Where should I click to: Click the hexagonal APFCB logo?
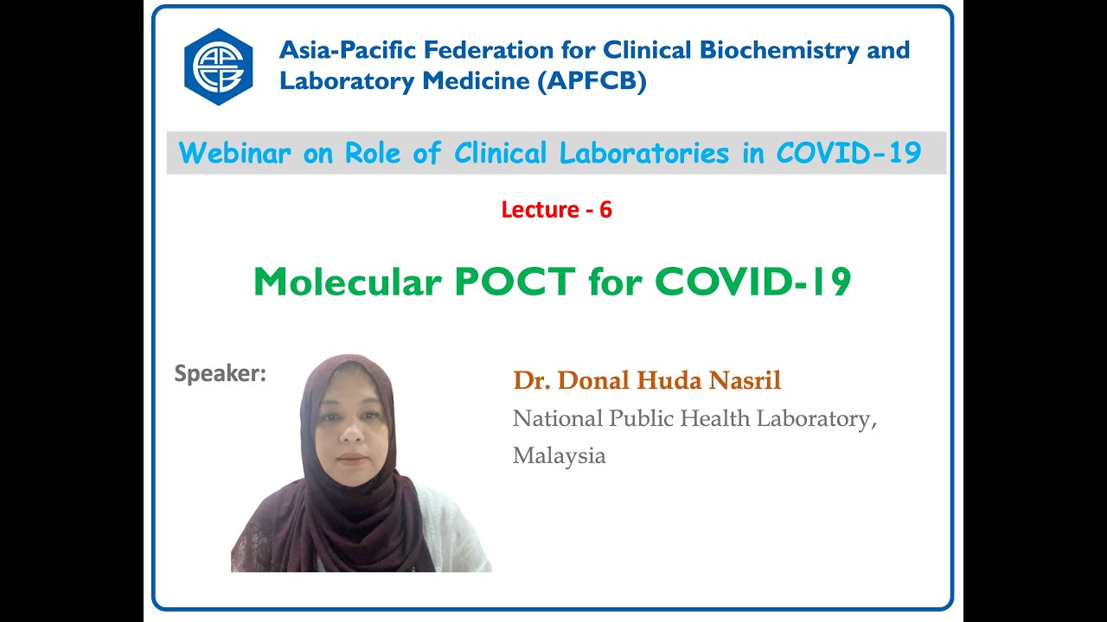coord(218,67)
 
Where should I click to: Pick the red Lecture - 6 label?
coord(556,209)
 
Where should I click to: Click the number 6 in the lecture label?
coord(605,209)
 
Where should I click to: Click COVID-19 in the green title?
coord(752,282)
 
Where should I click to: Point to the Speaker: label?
coord(220,374)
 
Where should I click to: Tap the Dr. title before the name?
coord(532,380)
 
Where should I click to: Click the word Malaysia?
coord(559,456)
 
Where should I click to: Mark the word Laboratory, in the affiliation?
coord(817,419)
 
